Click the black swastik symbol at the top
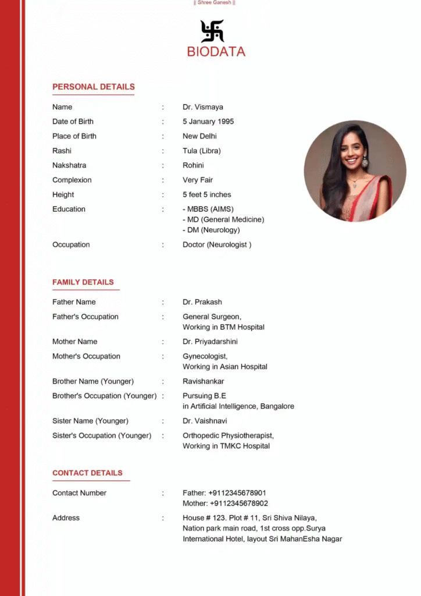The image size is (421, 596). (x=212, y=31)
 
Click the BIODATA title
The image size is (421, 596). (x=216, y=52)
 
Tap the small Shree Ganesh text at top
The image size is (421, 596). (x=214, y=3)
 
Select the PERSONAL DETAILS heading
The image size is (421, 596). (x=94, y=87)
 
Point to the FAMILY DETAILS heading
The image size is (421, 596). (x=83, y=282)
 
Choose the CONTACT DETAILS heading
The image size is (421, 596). (x=87, y=473)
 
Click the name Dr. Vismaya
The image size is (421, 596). (x=202, y=107)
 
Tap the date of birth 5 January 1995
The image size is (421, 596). (x=208, y=122)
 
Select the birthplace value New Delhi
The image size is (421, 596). (x=199, y=136)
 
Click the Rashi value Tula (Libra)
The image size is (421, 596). (x=202, y=151)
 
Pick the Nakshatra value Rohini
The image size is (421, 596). (x=193, y=165)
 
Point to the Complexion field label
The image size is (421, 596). (x=72, y=180)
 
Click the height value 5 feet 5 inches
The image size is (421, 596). (x=207, y=194)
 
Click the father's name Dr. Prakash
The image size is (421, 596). (x=202, y=302)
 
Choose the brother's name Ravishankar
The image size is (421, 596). (x=204, y=381)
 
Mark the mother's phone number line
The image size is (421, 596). (x=225, y=503)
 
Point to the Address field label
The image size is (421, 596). (x=66, y=518)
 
